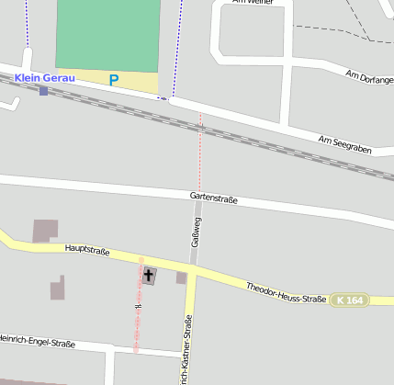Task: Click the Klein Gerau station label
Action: [45, 78]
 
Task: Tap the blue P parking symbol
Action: [114, 80]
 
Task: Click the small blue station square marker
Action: [43, 91]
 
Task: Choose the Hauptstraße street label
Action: [87, 249]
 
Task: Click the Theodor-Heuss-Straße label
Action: [287, 293]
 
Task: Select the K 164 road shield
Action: [350, 300]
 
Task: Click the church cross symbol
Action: [149, 275]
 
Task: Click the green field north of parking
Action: [107, 33]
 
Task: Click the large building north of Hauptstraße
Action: [44, 231]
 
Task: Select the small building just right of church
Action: [182, 277]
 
